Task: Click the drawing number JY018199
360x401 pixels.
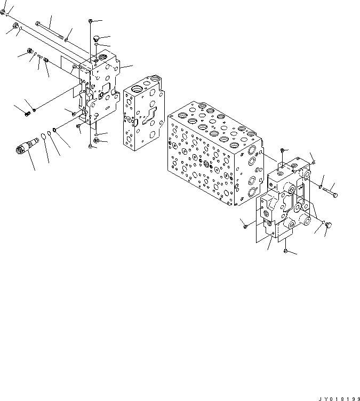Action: (x=339, y=397)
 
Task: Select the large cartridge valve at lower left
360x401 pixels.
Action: (x=27, y=146)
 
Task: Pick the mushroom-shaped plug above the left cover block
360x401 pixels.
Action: (x=96, y=38)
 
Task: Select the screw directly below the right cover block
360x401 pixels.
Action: (x=286, y=250)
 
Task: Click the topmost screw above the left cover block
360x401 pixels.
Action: (x=91, y=20)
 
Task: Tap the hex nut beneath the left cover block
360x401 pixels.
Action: (x=96, y=140)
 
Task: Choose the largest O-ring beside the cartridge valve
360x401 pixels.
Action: (x=57, y=130)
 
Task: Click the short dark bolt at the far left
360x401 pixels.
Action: (x=26, y=113)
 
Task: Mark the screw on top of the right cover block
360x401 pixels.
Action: (x=282, y=150)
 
